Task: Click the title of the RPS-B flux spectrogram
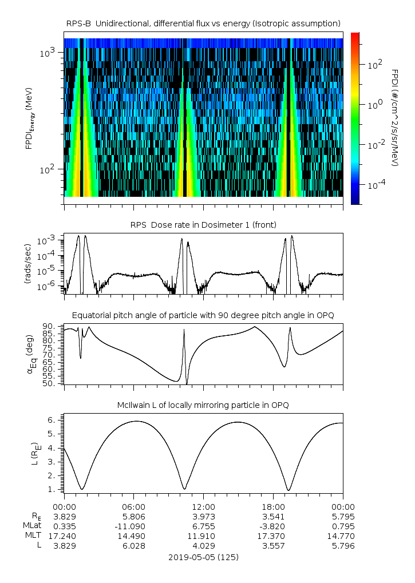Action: [203, 23]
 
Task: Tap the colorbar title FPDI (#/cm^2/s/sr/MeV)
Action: [395, 117]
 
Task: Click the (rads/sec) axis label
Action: [27, 264]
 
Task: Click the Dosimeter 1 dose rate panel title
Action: [203, 224]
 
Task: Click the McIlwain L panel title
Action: [203, 405]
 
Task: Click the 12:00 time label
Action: [203, 507]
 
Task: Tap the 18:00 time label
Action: [273, 507]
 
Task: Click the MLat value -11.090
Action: [134, 526]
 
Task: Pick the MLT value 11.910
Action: [203, 536]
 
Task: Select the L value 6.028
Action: [134, 546]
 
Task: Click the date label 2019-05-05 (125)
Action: [203, 557]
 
